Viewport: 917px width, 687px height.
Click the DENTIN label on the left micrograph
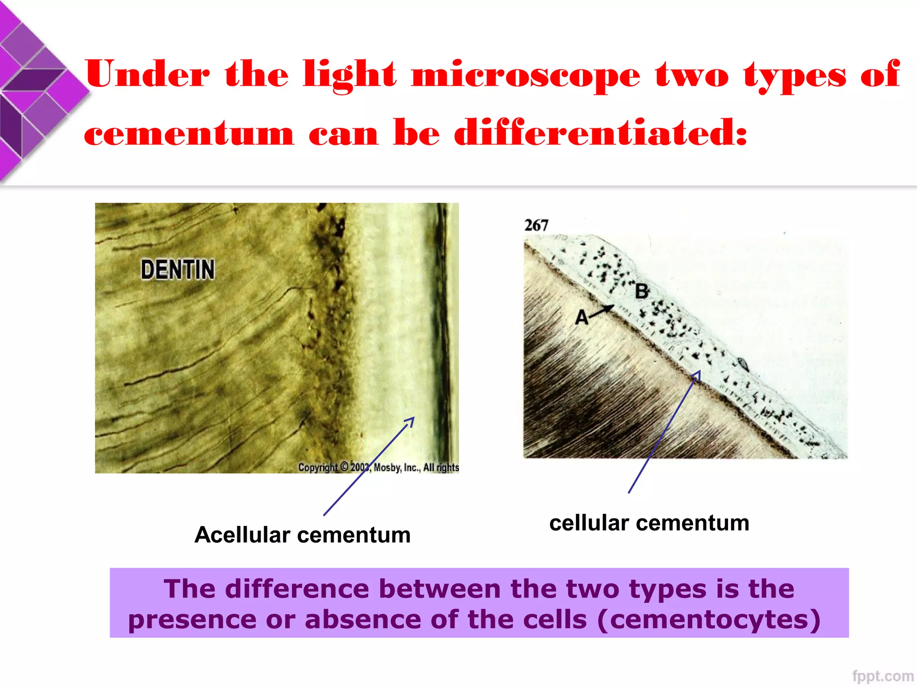point(178,269)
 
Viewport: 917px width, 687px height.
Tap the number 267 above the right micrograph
point(536,225)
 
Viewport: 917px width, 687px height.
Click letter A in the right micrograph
point(581,318)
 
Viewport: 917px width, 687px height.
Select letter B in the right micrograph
point(642,292)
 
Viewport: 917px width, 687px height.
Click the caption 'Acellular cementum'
point(302,535)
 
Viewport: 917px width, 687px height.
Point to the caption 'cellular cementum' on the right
point(649,523)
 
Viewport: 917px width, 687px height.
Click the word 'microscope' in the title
point(526,75)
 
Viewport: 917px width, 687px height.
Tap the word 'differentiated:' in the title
point(601,133)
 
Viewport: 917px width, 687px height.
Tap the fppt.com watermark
point(883,676)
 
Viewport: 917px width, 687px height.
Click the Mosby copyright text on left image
point(378,467)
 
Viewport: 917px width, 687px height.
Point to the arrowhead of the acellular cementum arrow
point(412,420)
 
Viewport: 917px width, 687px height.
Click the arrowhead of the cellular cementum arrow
point(698,373)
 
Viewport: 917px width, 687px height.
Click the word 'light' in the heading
point(349,75)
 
